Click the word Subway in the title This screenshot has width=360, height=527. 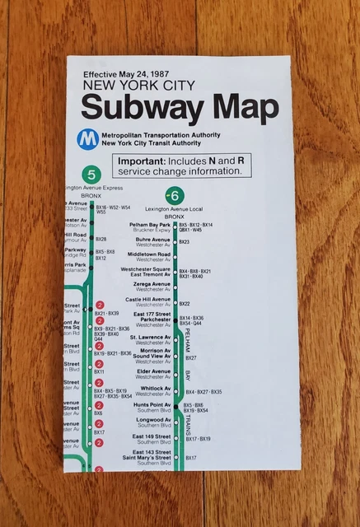tap(136, 109)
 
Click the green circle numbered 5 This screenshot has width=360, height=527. tap(91, 175)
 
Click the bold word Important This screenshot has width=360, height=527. tap(145, 161)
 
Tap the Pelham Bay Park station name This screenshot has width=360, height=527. tap(148, 224)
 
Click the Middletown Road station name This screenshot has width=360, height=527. tap(148, 254)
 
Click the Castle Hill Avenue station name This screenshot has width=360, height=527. tap(147, 300)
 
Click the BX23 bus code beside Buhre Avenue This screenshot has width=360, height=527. tap(185, 242)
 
